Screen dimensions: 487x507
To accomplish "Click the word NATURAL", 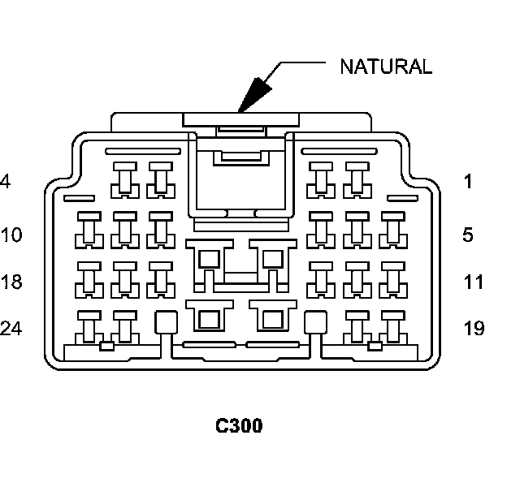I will tap(385, 67).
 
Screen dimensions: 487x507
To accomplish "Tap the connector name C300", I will tap(239, 425).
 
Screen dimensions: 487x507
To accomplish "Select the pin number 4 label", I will tap(5, 182).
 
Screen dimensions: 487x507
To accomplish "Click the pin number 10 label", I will tap(11, 235).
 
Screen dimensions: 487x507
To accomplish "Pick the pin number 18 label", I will tap(11, 282).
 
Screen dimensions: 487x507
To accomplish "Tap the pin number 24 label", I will tap(11, 329).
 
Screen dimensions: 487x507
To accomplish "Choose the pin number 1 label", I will tap(468, 182).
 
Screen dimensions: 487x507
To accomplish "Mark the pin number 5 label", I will tap(468, 235).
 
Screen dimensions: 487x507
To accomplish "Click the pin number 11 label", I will tap(473, 282).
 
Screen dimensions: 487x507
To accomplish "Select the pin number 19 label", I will tap(473, 329).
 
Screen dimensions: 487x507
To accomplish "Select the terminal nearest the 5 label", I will tap(392, 230).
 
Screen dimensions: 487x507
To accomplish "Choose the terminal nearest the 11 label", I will tap(392, 278).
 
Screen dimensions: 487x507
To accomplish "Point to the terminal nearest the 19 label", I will tap(392, 325).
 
